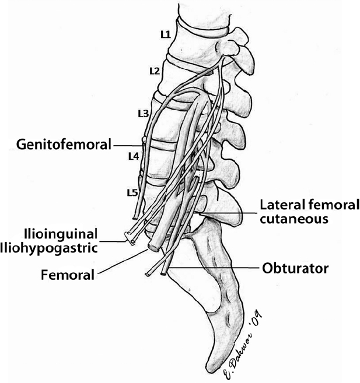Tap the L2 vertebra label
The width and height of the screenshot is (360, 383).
point(154,71)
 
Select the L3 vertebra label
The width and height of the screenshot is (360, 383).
point(142,112)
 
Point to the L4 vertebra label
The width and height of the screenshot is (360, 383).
point(133,156)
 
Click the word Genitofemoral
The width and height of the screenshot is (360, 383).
point(64,143)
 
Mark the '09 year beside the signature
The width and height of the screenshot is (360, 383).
point(257,319)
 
